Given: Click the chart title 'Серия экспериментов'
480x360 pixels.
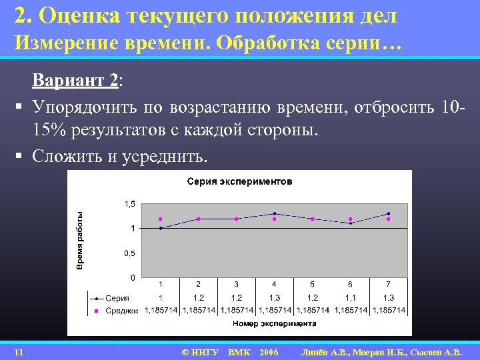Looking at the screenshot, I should [x=239, y=181].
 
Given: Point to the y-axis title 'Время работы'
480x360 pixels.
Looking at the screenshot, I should [x=80, y=240].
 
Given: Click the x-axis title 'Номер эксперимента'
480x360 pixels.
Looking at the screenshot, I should [x=274, y=323].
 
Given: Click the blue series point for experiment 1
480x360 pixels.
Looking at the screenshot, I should [x=160, y=228].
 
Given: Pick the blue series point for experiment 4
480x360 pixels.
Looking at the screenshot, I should [x=274, y=213].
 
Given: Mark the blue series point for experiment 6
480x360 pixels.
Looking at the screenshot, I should [x=350, y=223].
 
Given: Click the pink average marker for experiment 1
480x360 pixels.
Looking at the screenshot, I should [x=160, y=219].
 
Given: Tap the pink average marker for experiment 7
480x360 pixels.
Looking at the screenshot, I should [x=388, y=219].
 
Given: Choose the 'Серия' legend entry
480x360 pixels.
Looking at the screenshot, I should [x=117, y=298].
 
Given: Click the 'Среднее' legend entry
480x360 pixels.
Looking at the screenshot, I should [x=122, y=310].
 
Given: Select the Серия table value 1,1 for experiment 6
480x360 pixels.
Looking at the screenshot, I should [x=350, y=298].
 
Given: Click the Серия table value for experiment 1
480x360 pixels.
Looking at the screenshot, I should [x=160, y=298].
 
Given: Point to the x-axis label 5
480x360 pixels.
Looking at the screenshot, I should [x=312, y=284].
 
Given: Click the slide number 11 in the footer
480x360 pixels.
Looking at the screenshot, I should [x=19, y=351].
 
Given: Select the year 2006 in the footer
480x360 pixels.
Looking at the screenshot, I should [x=269, y=351].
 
